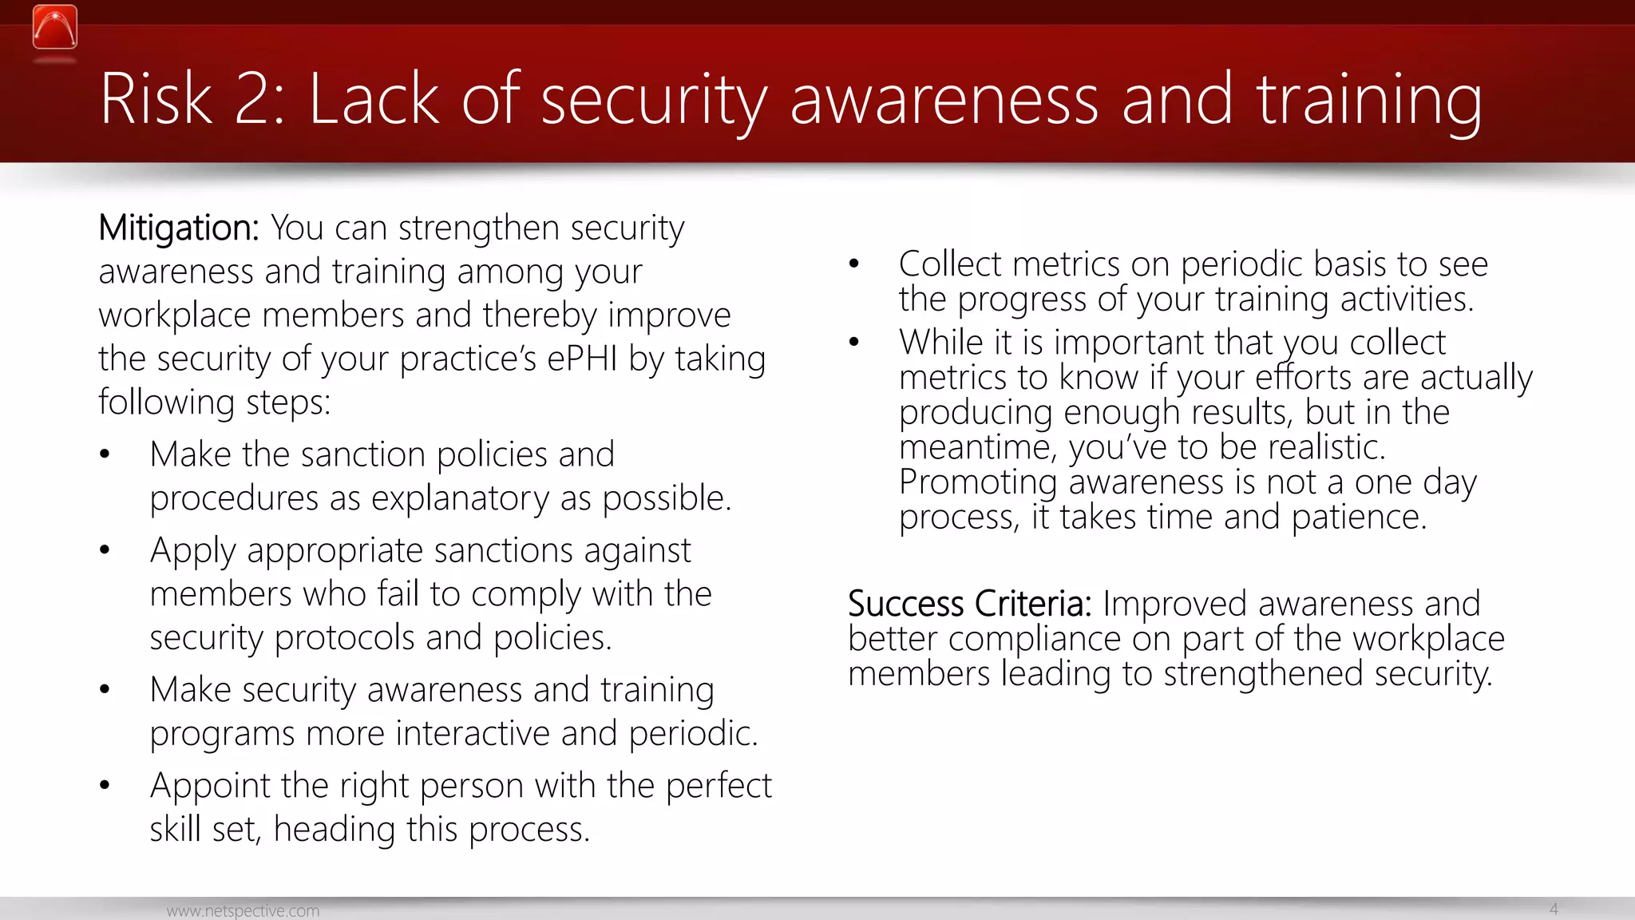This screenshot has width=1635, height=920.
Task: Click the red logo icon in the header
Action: point(55,27)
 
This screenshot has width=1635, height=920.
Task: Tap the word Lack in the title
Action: point(374,99)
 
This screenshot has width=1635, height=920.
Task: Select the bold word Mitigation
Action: point(178,228)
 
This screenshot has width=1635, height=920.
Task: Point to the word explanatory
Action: point(460,499)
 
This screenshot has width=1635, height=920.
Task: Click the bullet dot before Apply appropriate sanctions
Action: point(105,550)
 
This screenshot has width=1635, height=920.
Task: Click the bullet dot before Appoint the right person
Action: point(105,786)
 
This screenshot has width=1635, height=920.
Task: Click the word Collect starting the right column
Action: point(949,264)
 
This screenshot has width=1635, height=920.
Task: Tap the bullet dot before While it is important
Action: point(853,343)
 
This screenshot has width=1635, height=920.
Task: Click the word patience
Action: point(1359,517)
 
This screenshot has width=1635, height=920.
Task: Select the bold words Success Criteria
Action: point(969,604)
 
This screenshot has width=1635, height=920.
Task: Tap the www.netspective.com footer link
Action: point(243,910)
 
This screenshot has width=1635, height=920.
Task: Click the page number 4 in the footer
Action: point(1554,909)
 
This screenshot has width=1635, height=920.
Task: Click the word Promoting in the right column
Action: point(978,482)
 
